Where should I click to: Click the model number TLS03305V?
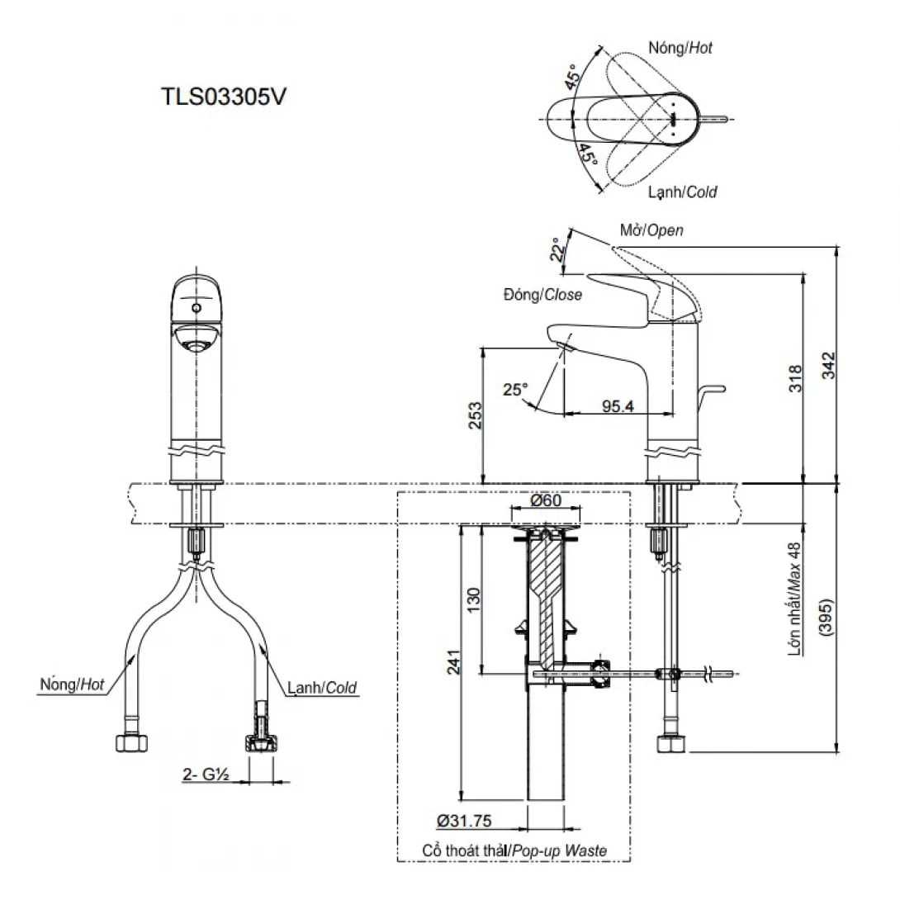[x=223, y=97]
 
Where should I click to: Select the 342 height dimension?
[x=828, y=366]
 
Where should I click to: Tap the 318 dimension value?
[x=794, y=377]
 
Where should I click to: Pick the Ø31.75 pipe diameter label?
[x=465, y=822]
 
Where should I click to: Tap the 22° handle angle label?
[x=559, y=249]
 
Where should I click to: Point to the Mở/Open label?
[x=651, y=230]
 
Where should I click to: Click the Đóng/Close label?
[x=540, y=295]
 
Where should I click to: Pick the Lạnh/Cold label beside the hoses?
[x=323, y=686]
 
